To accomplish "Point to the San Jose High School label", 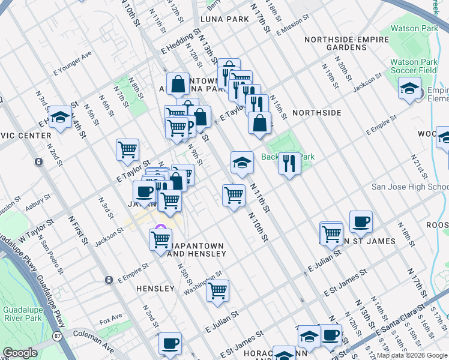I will (x=410, y=187).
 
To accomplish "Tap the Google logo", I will (x=19, y=353).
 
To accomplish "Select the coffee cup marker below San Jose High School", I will (x=361, y=222).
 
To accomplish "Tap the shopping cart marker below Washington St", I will (x=217, y=291).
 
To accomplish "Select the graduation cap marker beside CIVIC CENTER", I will (x=60, y=118).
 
